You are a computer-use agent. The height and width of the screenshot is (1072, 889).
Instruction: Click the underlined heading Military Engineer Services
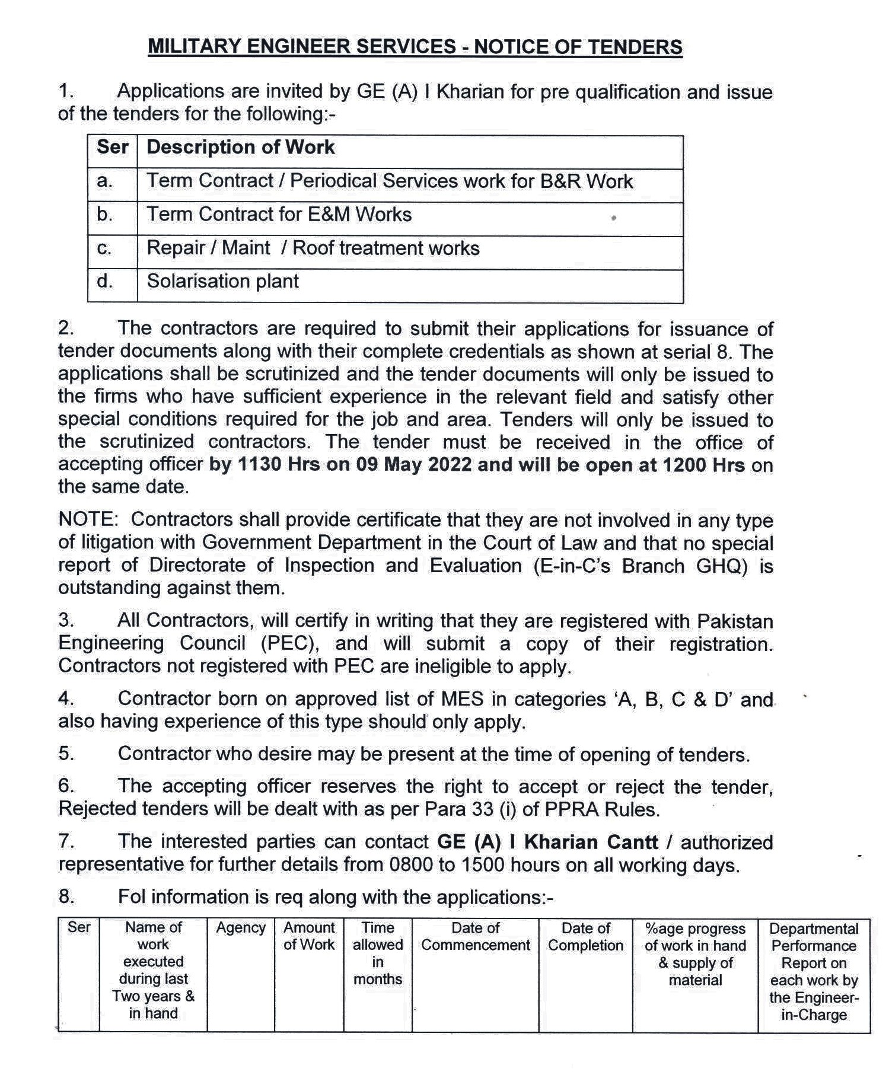(415, 47)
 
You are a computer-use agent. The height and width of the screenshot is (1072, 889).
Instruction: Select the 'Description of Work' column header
(240, 147)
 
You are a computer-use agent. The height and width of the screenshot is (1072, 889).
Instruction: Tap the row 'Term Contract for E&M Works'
(279, 214)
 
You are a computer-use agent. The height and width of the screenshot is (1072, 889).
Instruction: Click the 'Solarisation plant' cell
(222, 281)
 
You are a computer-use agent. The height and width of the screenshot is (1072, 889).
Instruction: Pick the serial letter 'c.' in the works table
(104, 248)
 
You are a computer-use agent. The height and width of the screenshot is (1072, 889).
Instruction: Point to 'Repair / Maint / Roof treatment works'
(313, 248)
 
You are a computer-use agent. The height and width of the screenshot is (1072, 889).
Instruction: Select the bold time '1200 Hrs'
(703, 464)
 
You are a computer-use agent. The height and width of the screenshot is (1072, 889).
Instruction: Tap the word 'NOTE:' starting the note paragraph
(88, 519)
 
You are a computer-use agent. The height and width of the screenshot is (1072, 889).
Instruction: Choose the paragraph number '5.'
(66, 754)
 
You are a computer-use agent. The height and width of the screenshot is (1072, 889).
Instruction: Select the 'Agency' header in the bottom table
(240, 928)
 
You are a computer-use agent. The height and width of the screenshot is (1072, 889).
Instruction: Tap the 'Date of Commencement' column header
(475, 936)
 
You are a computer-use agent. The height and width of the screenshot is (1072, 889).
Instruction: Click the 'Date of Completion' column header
(585, 936)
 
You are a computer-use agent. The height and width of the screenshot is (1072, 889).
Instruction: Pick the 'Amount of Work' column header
(309, 936)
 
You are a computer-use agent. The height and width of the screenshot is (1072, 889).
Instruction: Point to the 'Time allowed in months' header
(378, 953)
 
